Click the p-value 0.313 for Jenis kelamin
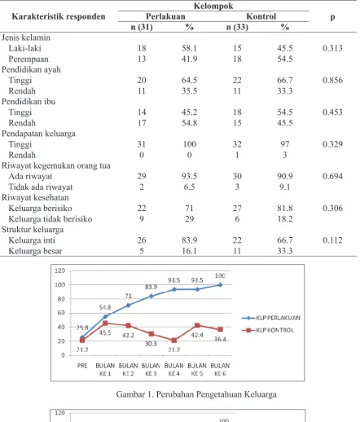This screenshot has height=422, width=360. pos(332,48)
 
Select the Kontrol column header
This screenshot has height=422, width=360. pos(261,16)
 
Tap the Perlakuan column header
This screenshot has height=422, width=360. pos(165,16)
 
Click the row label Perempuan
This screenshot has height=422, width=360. pos(29,59)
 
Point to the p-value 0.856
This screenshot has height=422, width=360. pos(332,80)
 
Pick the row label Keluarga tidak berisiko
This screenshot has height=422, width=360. pos(50,219)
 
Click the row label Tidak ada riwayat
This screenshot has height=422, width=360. pos(41,187)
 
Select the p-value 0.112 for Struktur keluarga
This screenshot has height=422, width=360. pos(332,240)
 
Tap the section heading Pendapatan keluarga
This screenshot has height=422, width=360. pos(38,134)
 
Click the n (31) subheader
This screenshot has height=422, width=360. pos(142,27)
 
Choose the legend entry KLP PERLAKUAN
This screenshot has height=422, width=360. pos(270,318)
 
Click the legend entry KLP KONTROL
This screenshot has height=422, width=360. pos(267,330)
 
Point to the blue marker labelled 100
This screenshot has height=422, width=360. pos(220,285)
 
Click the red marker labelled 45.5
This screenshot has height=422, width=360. pos(105,323)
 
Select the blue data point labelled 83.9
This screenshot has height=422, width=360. pos(151,297)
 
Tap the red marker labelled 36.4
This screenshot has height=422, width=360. pos(220,329)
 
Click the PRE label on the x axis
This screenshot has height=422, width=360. pos(82,366)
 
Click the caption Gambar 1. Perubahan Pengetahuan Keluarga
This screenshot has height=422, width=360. pos(196,394)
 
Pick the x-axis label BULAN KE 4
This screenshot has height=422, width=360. pos(173,370)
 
